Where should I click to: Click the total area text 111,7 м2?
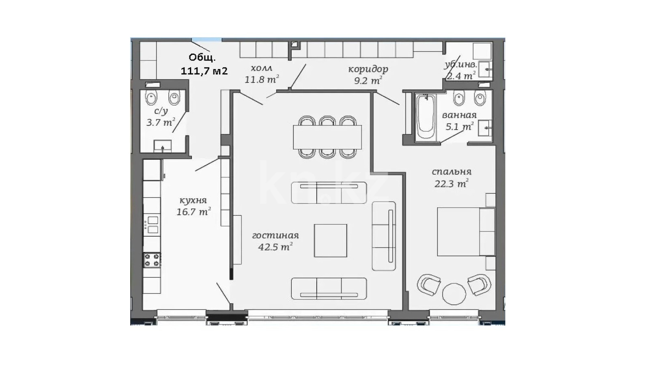pos(204,71)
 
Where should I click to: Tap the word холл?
pos(262,68)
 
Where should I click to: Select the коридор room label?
pos(368,69)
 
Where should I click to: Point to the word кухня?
pos(193,200)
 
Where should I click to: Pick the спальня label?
pos(452,172)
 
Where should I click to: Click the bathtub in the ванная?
pos(426,117)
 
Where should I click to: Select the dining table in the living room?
pos(327,137)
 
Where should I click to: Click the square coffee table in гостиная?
pos(331,240)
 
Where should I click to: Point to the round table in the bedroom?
pos(454,294)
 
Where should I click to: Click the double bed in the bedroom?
pos(466,232)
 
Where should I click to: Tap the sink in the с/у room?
pos(163,146)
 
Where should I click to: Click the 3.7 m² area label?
pos(161,122)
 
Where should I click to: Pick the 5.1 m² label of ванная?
pos(460,127)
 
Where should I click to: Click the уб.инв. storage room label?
pos(460,65)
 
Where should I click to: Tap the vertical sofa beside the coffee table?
pos(384,236)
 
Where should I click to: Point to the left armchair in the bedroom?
pos(429,284)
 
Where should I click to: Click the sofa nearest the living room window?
pos(329,288)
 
